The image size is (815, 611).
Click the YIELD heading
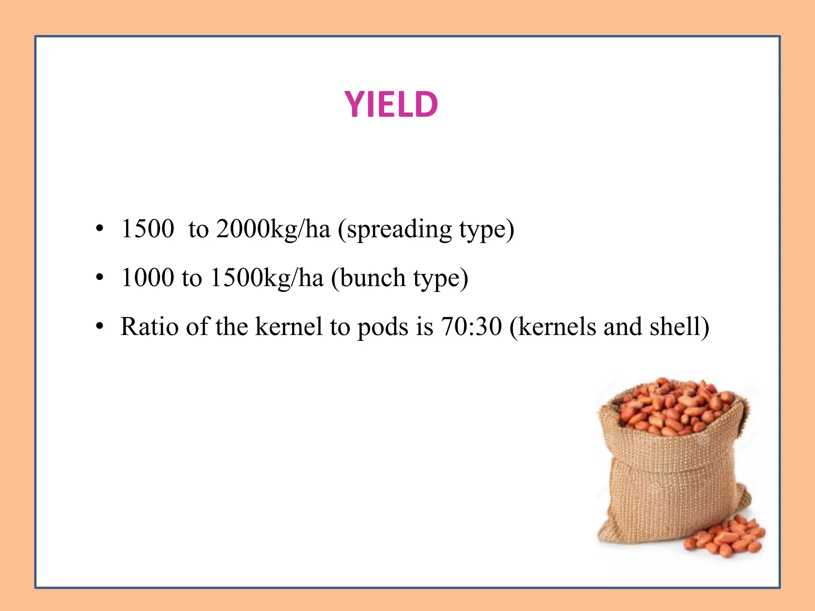tap(391, 104)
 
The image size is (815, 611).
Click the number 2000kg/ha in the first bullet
tap(273, 229)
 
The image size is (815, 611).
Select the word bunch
tap(373, 278)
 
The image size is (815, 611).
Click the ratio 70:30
tap(471, 327)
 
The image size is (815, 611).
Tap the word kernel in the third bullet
tap(289, 327)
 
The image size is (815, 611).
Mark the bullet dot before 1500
tap(99, 229)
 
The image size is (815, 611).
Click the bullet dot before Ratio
tap(99, 327)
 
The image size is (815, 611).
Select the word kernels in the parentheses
tap(557, 327)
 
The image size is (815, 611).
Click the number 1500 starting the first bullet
tap(148, 229)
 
